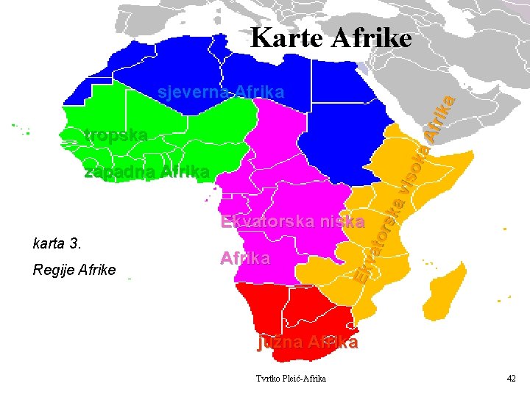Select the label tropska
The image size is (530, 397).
point(116,135)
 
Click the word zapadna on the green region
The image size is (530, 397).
point(119,173)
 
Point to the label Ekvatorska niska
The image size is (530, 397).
point(292,221)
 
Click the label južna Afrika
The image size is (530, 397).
point(307,343)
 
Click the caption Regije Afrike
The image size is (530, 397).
point(74,270)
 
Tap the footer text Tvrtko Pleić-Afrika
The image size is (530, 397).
point(291,378)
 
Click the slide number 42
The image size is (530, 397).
point(512,378)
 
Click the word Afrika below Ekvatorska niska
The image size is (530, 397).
point(245,259)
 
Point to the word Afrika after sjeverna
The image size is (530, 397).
point(259,93)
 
